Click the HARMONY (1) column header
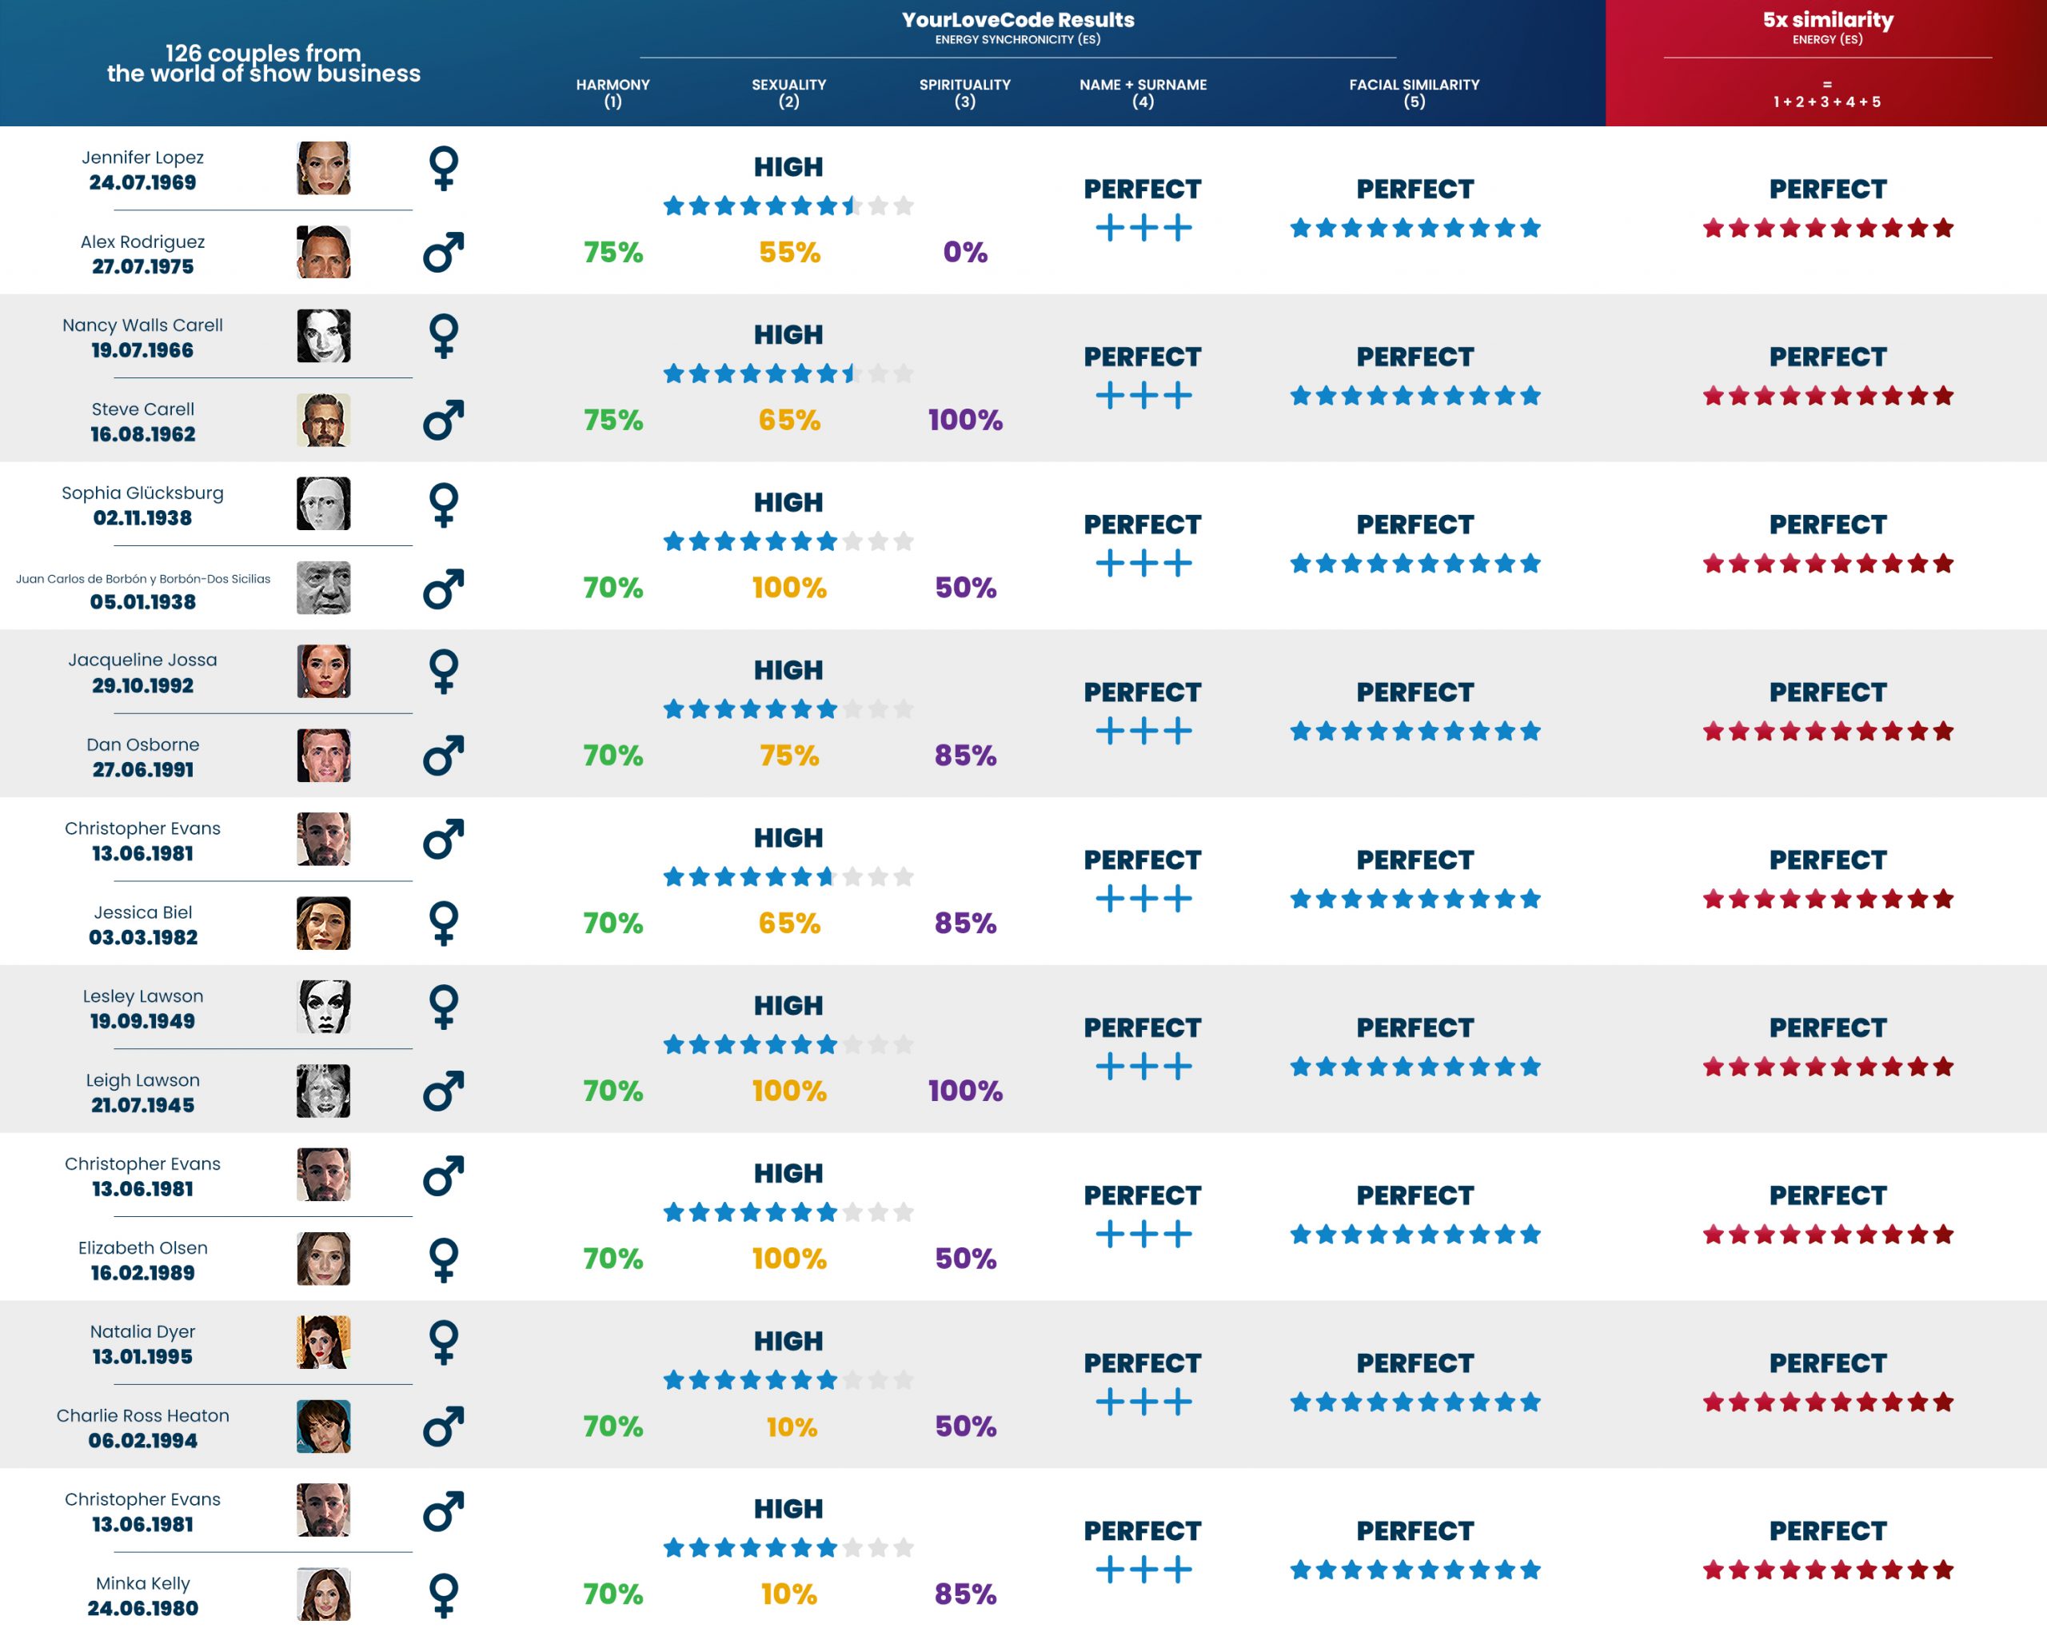613,92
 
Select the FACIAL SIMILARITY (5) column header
1414,92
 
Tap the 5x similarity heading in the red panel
1828,20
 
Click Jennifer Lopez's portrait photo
323,168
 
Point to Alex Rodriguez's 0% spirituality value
964,252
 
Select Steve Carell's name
142,409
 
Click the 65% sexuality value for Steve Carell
789,420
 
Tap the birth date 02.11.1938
142,517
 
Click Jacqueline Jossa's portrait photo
323,672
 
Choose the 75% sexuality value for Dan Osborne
789,755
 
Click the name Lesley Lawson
142,996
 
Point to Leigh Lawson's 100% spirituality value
964,1090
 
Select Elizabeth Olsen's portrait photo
323,1259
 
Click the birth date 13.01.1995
142,1357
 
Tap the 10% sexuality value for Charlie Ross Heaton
791,1427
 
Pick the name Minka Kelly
142,1583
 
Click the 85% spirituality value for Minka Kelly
964,1594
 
